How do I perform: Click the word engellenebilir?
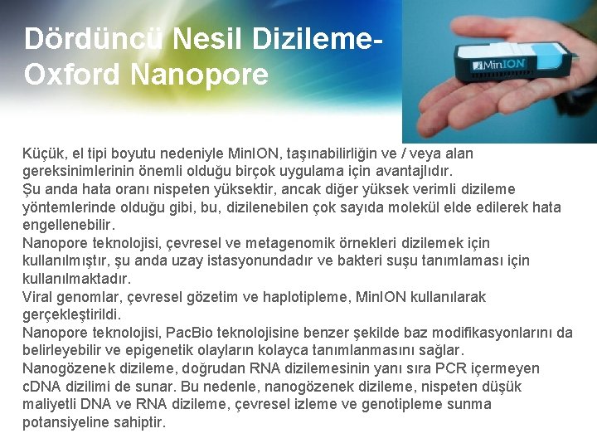tap(69, 226)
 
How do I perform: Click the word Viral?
tap(38, 297)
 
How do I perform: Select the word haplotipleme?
tap(309, 297)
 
